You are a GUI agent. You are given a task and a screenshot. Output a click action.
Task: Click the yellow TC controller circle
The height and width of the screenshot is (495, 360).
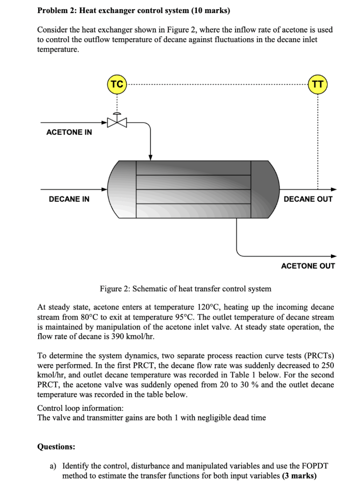point(116,84)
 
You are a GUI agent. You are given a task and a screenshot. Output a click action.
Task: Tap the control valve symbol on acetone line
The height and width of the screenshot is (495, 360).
point(116,121)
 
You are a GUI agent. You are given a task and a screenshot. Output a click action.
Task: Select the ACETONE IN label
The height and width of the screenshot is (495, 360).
point(69,132)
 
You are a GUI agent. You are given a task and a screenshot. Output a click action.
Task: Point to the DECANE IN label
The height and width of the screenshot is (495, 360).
point(69,199)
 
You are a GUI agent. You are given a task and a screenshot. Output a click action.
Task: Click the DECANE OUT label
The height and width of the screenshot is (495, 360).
point(308,199)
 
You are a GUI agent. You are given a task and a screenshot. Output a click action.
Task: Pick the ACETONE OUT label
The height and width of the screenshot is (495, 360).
point(308,266)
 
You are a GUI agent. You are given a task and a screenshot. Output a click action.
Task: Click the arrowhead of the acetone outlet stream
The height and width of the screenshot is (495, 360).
point(333,256)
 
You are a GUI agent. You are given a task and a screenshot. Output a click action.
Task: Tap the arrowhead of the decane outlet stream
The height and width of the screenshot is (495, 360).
point(333,189)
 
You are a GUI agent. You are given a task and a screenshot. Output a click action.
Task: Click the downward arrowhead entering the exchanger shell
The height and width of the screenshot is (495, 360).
point(151,157)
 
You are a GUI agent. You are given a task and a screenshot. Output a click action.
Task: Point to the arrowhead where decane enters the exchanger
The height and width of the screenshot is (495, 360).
point(104,189)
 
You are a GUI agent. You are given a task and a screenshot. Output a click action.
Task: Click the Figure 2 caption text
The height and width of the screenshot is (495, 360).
point(186,289)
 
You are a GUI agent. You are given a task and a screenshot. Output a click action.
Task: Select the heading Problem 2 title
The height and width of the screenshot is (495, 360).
point(133,10)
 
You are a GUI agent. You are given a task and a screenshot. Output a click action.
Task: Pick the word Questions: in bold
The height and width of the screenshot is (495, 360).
point(56,447)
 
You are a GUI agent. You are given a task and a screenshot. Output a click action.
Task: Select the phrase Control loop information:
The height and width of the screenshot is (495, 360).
point(80,408)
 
